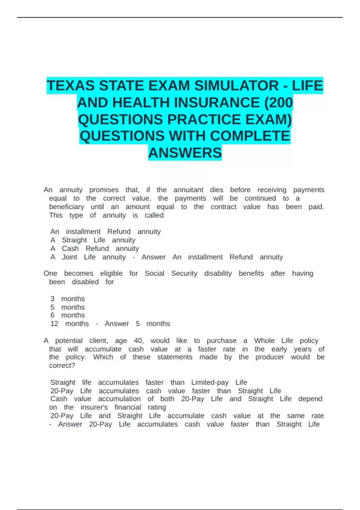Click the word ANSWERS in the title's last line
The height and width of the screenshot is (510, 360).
point(185,153)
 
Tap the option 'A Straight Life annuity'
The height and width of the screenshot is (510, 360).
point(93,240)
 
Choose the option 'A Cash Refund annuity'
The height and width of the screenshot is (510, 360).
point(94,248)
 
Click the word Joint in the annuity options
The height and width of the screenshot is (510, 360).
point(69,257)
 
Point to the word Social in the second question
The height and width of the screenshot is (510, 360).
point(154,273)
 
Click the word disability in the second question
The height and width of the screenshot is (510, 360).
point(218,273)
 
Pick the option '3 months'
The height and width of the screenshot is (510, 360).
point(67,299)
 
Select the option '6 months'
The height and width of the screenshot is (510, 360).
point(67,315)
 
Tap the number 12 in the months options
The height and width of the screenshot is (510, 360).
point(54,324)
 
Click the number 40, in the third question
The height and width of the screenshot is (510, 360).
point(139,341)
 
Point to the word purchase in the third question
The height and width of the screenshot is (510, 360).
point(221,341)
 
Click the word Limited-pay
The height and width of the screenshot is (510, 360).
point(210,382)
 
